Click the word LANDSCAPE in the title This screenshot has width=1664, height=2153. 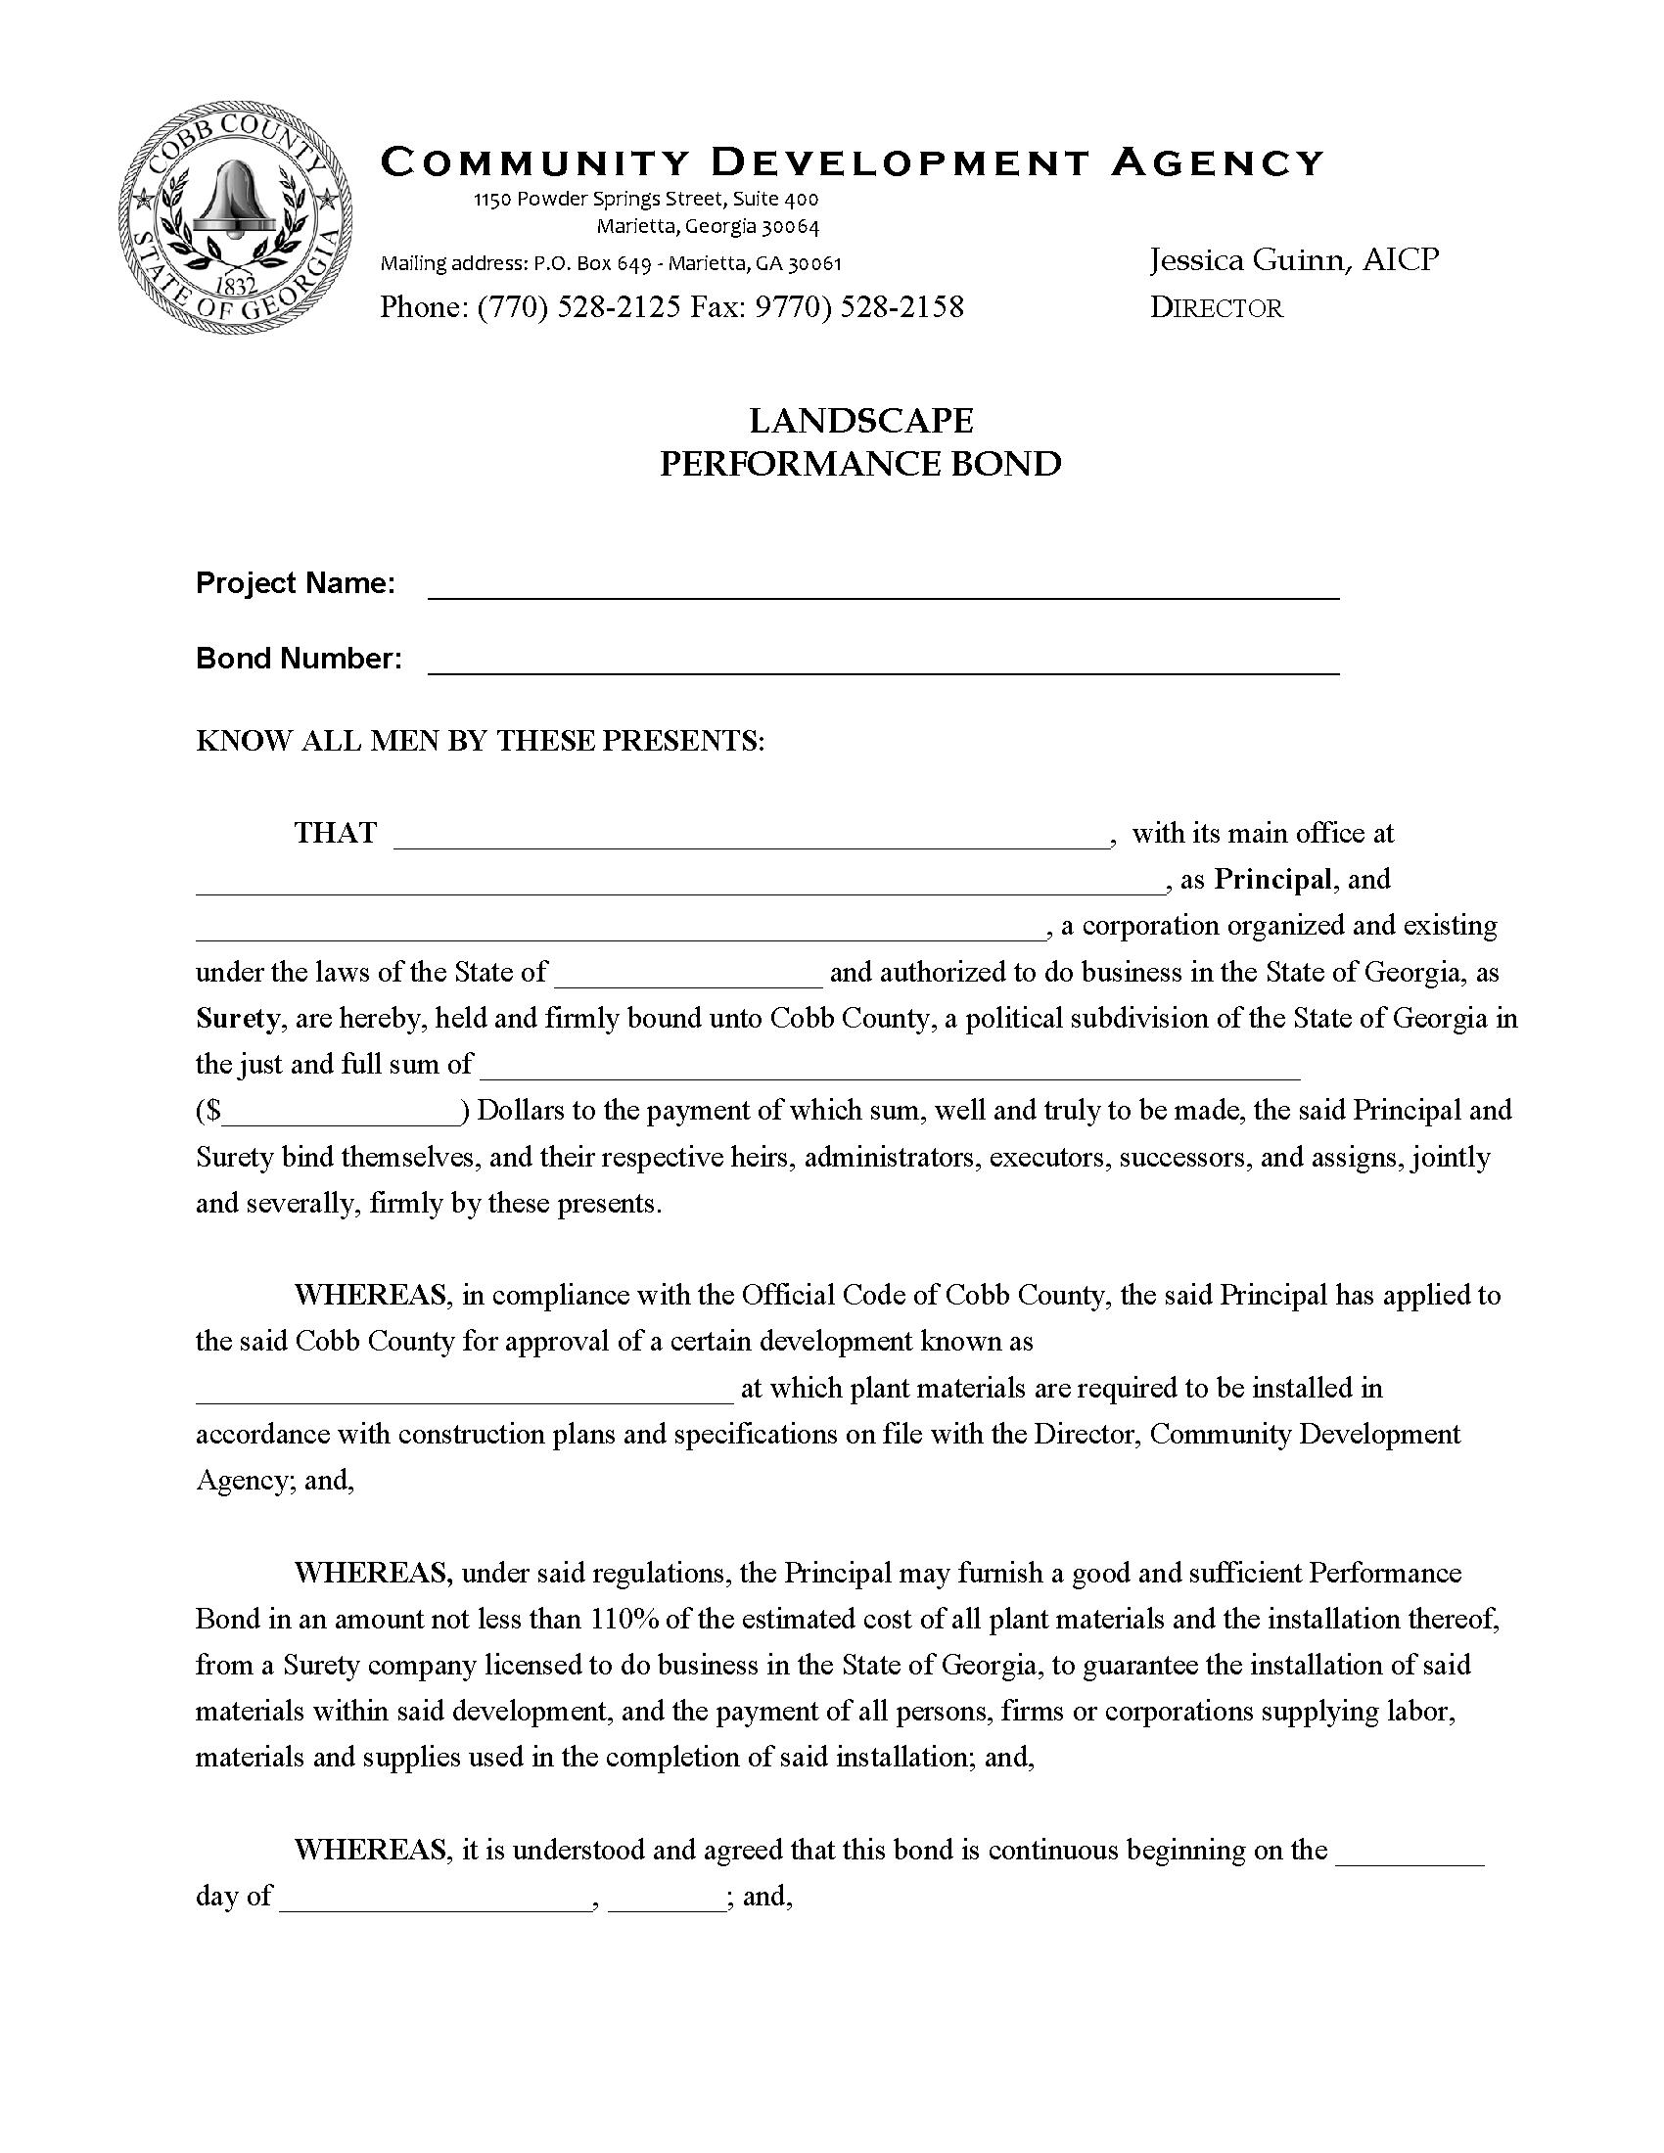click(x=860, y=421)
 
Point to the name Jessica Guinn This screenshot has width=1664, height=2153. click(x=1249, y=260)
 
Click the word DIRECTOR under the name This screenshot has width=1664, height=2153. click(x=1217, y=308)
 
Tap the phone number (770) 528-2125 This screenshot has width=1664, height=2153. click(x=578, y=307)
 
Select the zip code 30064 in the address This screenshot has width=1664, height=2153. click(x=789, y=227)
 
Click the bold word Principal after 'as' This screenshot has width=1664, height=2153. click(x=1271, y=880)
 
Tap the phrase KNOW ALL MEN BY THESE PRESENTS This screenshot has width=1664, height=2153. click(x=480, y=742)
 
